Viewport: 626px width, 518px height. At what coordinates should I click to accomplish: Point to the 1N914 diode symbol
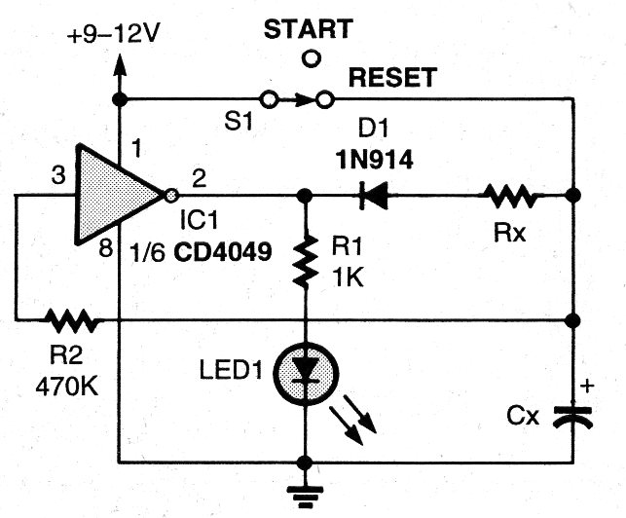coord(371,197)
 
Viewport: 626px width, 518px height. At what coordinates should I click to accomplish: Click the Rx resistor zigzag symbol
coord(511,197)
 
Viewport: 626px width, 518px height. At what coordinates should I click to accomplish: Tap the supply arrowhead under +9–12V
coord(121,67)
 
